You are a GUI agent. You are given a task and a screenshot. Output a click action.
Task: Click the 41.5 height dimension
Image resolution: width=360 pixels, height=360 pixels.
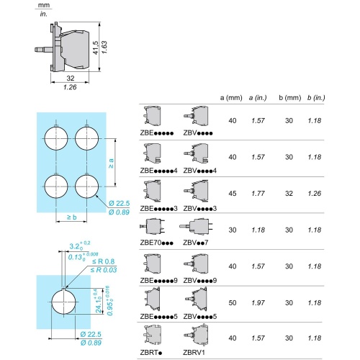[x=95, y=48]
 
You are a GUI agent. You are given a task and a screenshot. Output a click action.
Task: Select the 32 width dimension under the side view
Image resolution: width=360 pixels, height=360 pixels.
[x=71, y=78]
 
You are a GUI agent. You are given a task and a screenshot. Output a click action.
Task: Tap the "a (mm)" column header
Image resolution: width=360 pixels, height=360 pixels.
[x=231, y=98]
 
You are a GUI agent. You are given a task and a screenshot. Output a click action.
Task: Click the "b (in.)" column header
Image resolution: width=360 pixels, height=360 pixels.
[x=316, y=98]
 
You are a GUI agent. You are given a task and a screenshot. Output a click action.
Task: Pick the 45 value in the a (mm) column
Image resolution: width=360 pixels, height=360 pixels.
[x=233, y=194]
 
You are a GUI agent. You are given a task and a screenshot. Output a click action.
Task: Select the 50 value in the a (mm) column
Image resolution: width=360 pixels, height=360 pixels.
[x=233, y=303]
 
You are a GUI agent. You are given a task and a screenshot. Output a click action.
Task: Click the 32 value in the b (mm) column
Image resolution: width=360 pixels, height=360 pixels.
[x=289, y=194]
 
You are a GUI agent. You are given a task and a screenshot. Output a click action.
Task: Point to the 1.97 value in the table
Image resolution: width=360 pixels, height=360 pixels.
[x=258, y=303]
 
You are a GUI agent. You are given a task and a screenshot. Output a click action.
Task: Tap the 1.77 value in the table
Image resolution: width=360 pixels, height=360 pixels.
[x=258, y=194]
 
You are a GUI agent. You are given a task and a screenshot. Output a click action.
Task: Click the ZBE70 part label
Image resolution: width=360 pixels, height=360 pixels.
[x=156, y=243]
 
